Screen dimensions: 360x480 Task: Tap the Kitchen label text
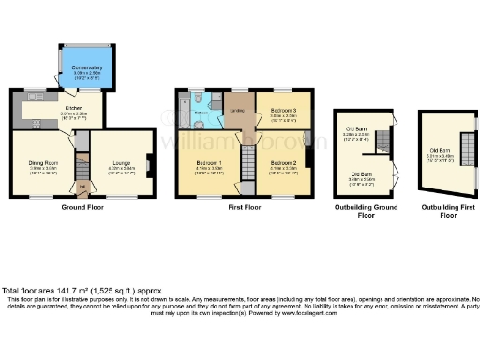47,108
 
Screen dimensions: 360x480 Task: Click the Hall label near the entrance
82,185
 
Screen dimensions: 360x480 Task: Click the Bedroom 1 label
207,162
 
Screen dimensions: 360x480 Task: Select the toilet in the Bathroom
199,97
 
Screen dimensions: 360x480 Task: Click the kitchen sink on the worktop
34,96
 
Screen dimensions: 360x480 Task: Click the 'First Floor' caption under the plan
244,207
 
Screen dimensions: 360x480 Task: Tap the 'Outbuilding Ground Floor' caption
367,211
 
